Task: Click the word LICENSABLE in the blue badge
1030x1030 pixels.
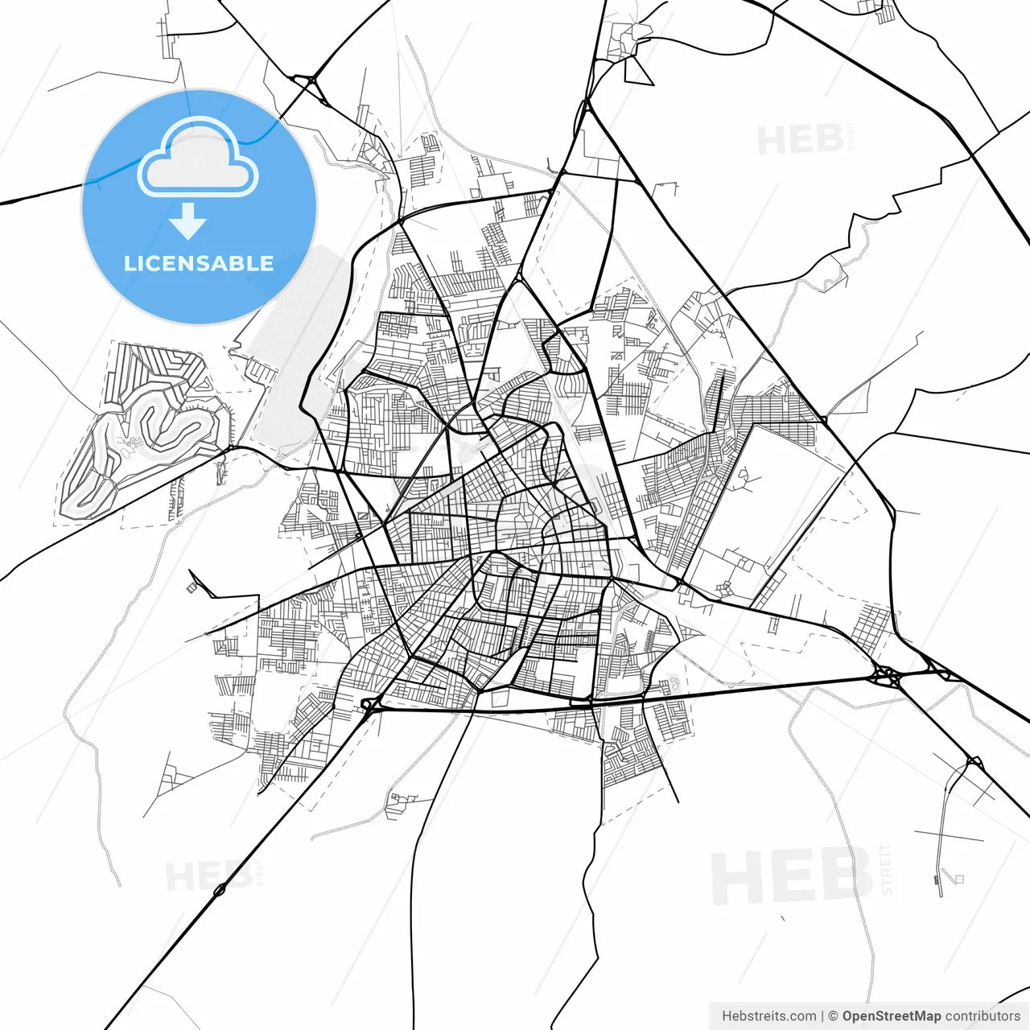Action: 199,264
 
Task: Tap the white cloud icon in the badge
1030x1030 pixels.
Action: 198,159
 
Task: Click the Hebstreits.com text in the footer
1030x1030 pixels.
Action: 768,1016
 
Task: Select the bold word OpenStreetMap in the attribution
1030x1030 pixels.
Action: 891,1016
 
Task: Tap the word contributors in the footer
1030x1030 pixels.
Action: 983,1016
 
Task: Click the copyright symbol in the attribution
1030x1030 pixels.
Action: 833,1016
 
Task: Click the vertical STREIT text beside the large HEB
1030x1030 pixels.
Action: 887,870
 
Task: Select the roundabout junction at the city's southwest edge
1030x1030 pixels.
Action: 369,706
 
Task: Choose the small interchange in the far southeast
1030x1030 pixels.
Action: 974,761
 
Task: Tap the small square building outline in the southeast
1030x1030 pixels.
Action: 958,879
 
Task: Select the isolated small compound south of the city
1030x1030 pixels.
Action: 400,802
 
